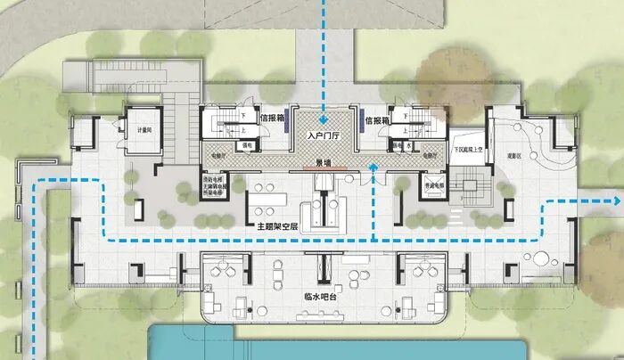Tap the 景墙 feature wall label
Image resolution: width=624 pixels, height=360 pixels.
(x=325, y=163)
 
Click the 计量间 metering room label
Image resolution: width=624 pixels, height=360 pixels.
(x=144, y=130)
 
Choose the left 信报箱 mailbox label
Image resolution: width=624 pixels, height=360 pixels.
(x=272, y=118)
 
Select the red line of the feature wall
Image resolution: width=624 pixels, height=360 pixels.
(x=326, y=169)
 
